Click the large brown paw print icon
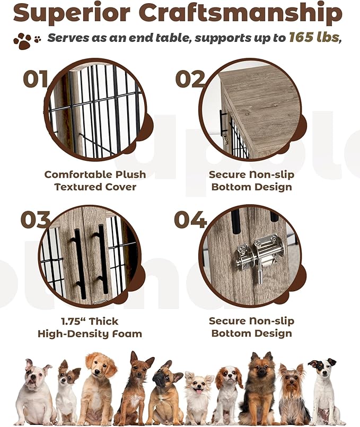(x=22, y=40)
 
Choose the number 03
(x=36, y=220)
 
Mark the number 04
(x=190, y=220)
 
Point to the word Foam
(x=128, y=334)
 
